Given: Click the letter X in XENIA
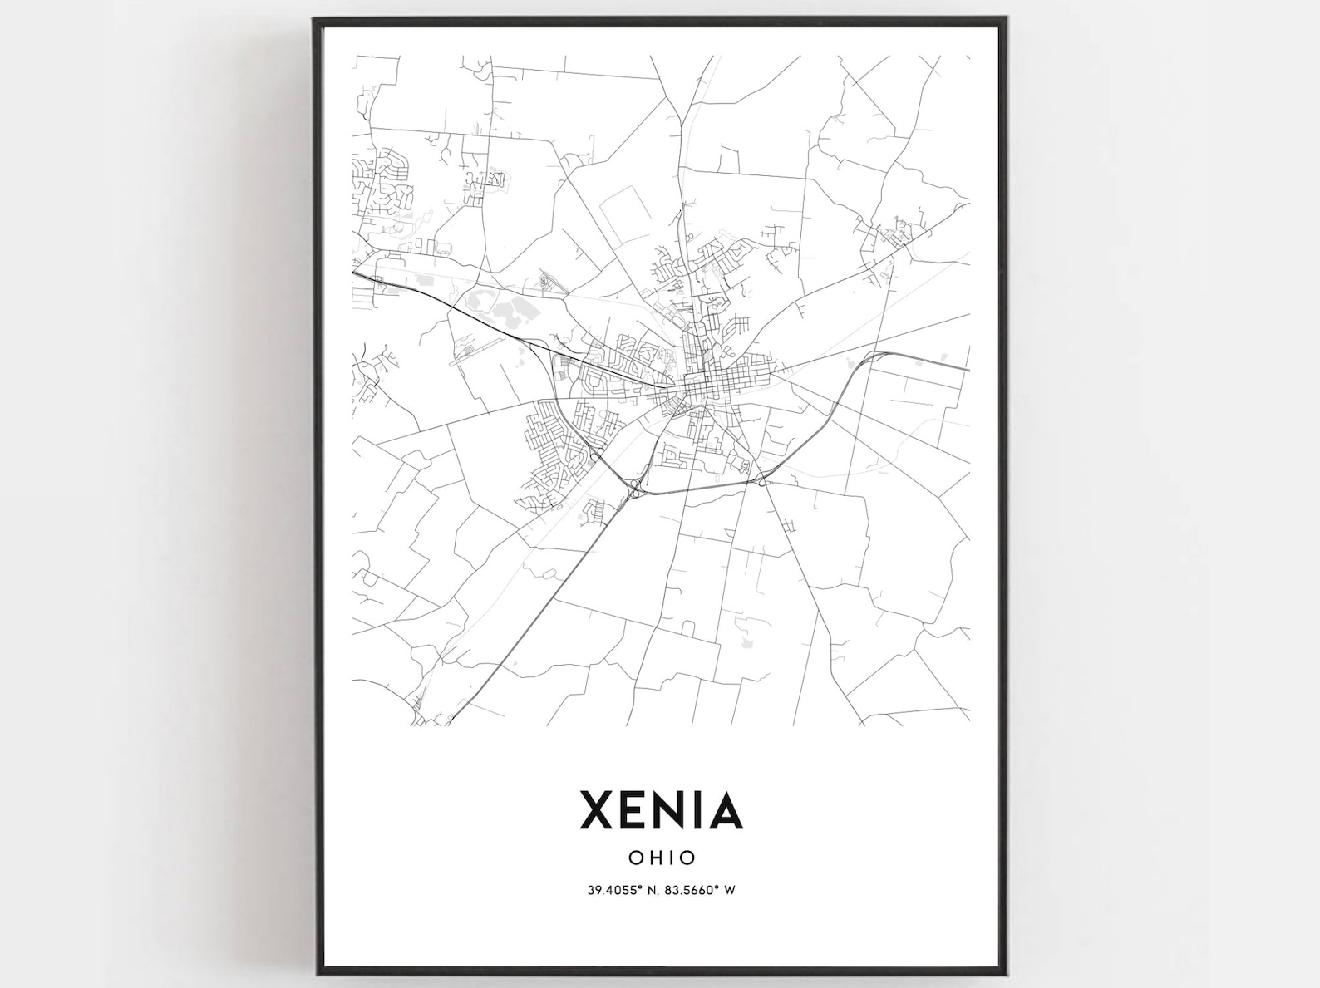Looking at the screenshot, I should click(x=598, y=809).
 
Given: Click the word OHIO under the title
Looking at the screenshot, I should click(x=662, y=857).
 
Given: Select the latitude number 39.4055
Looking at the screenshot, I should click(x=612, y=890).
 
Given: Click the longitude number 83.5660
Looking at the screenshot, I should click(x=689, y=890).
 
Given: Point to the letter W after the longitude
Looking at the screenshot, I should click(x=730, y=890).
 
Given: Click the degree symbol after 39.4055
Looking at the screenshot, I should click(x=638, y=887).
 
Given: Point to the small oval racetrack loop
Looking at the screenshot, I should click(x=544, y=282).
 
